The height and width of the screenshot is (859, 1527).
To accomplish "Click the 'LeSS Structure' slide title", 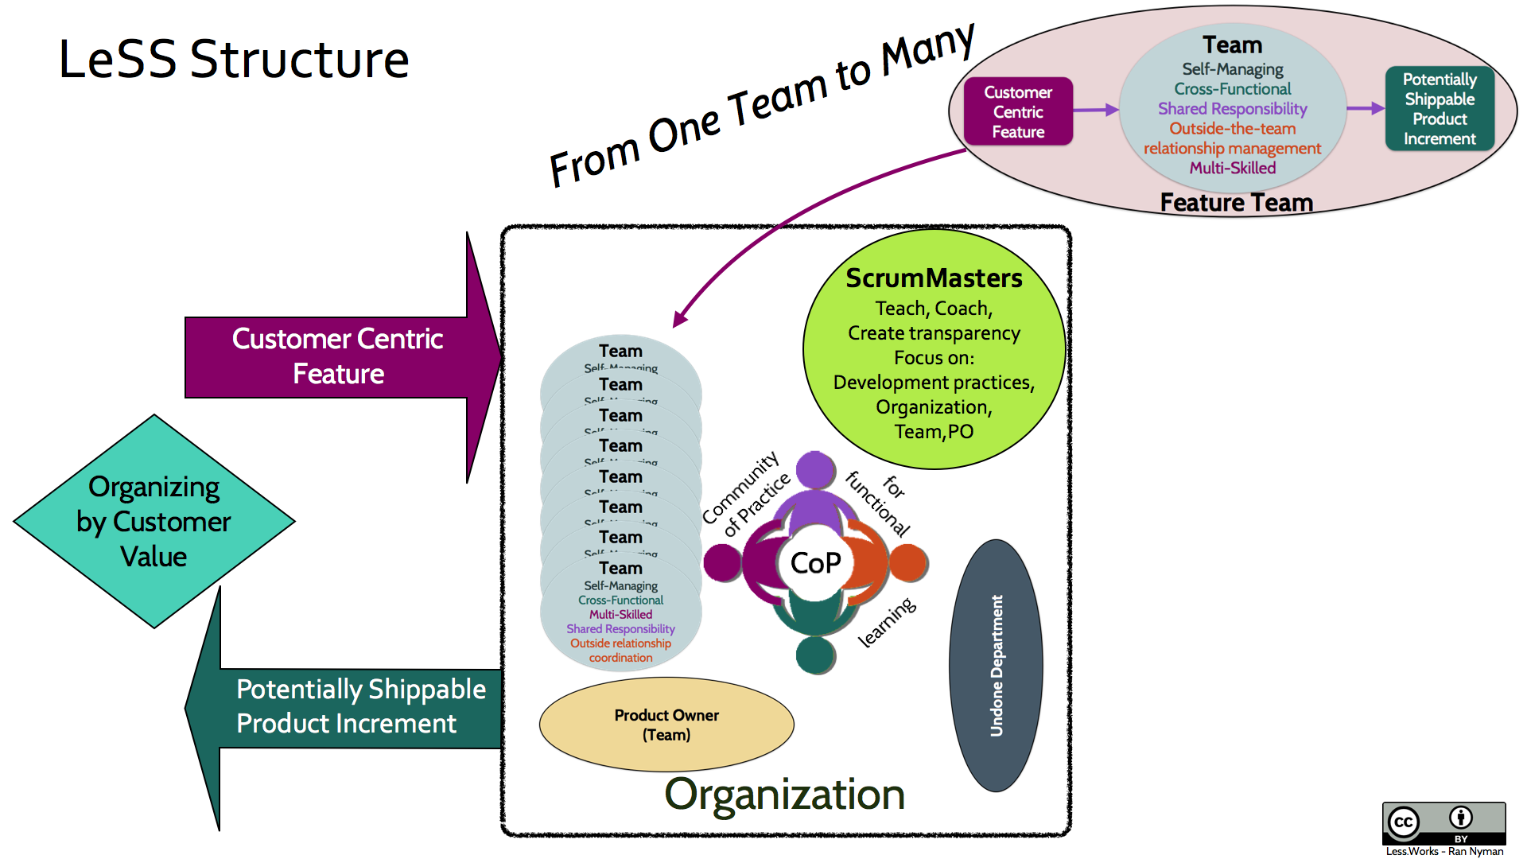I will tap(234, 60).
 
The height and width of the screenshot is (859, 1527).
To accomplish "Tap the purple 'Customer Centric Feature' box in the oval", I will tap(1018, 112).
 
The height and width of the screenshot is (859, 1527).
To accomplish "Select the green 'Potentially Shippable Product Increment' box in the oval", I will tap(1440, 109).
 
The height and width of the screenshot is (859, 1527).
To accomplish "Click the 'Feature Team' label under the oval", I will tap(1236, 203).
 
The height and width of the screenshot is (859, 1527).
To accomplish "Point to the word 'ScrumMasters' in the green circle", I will tap(934, 278).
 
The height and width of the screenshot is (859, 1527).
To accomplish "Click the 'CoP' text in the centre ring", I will tap(815, 563).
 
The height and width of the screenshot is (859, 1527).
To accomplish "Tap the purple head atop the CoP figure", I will tap(815, 469).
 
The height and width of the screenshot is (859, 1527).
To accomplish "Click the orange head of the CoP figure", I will tap(908, 563).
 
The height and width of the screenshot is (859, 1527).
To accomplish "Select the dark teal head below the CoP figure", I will tap(815, 655).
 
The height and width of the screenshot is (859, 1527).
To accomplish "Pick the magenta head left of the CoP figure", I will tap(722, 563).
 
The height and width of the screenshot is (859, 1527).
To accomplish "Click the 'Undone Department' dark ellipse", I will tap(996, 666).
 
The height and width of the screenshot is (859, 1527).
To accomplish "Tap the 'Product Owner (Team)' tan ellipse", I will tap(666, 725).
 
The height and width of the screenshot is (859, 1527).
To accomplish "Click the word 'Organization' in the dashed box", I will tap(784, 795).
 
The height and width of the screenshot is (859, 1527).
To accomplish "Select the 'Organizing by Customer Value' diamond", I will tap(154, 522).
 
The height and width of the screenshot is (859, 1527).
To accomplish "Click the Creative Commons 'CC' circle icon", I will tap(1404, 822).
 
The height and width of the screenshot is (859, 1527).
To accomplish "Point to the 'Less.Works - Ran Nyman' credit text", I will tap(1444, 851).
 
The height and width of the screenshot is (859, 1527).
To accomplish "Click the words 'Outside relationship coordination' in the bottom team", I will tap(620, 651).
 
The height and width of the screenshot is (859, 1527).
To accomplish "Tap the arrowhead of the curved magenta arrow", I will tap(680, 320).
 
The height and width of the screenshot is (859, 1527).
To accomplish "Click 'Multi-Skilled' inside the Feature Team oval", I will tap(1232, 168).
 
